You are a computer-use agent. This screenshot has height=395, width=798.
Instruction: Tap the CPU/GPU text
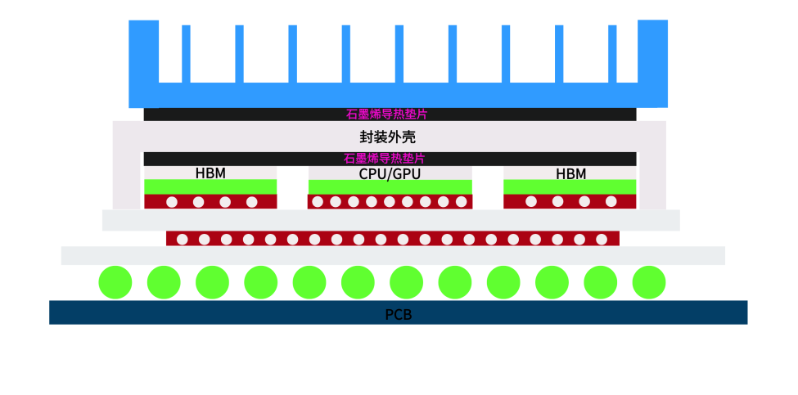point(390,174)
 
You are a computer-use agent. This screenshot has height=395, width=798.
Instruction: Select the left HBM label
point(210,173)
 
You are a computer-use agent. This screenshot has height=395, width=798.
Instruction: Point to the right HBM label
point(570,174)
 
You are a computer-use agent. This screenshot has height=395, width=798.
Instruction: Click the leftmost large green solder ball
point(115,282)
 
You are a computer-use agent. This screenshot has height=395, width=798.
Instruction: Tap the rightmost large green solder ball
point(649,282)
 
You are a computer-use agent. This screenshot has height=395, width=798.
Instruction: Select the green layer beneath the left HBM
point(210,186)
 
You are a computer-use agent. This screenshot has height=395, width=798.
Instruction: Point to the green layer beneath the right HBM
point(570,186)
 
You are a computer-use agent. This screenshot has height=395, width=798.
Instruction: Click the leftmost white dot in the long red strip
point(183,239)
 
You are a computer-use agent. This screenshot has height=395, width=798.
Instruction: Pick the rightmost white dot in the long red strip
point(602,239)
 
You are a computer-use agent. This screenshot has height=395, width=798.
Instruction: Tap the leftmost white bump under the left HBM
point(172,202)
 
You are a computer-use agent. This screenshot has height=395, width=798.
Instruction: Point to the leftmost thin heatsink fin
point(186,54)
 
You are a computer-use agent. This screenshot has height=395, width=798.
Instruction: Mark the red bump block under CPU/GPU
point(390,202)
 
